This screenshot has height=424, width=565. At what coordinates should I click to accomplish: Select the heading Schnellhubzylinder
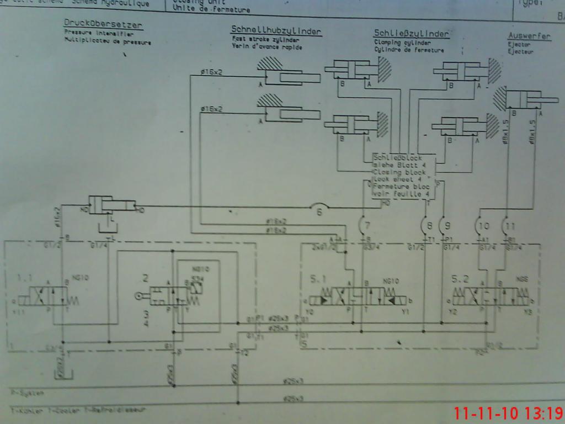(276, 31)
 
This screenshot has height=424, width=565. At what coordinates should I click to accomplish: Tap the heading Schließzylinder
(411, 33)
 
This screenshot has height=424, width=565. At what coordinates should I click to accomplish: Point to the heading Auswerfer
(529, 36)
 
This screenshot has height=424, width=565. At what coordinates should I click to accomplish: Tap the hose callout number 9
(447, 225)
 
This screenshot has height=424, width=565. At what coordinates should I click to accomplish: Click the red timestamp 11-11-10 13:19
(507, 413)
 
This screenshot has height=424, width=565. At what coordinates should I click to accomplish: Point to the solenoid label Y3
(527, 312)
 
